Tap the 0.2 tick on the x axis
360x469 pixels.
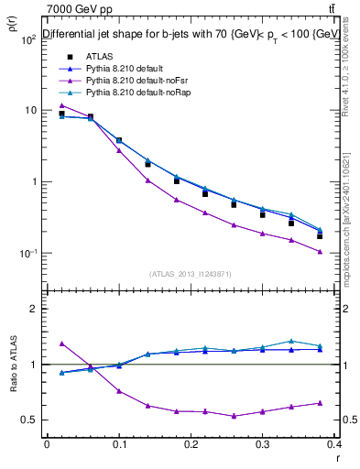tap(191, 446)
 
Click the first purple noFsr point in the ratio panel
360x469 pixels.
tap(61, 344)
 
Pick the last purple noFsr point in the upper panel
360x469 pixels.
tap(320, 252)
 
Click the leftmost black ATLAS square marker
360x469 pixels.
tap(61, 114)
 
